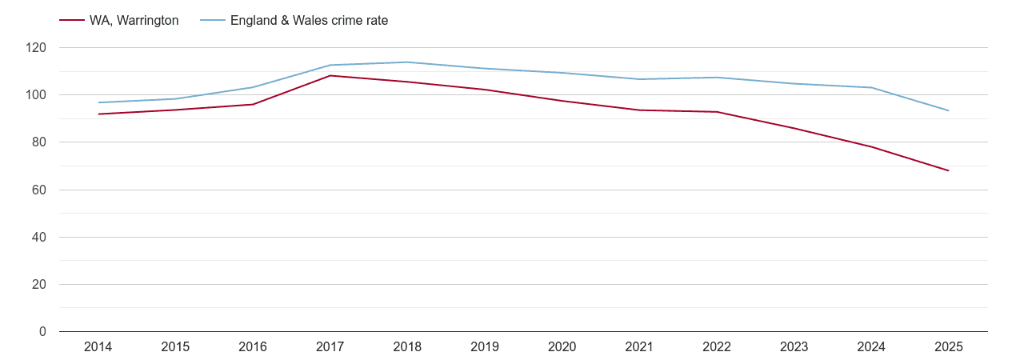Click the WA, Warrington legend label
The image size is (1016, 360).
tap(134, 21)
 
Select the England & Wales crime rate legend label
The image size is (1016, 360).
tap(309, 21)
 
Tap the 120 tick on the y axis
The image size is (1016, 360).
tap(36, 48)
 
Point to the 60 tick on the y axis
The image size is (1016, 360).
tap(39, 190)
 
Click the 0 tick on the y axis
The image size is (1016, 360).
tap(42, 332)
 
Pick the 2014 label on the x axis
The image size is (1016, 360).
tap(98, 347)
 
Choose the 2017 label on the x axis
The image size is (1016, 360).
tap(330, 347)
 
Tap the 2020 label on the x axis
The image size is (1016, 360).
tap(562, 347)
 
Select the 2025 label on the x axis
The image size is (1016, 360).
tap(948, 347)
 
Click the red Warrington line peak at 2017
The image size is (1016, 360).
tap(330, 76)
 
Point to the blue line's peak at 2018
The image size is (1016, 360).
tap(407, 62)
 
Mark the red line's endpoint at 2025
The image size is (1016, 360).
tap(948, 170)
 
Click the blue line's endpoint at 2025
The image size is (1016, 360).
tap(948, 110)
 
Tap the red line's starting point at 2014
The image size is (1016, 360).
tap(98, 114)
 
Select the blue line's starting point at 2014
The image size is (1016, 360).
tap(98, 102)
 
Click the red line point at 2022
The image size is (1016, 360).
tap(716, 112)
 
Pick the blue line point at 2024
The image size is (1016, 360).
tap(871, 87)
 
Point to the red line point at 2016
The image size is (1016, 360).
tap(253, 105)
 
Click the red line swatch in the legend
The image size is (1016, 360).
tap(72, 21)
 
